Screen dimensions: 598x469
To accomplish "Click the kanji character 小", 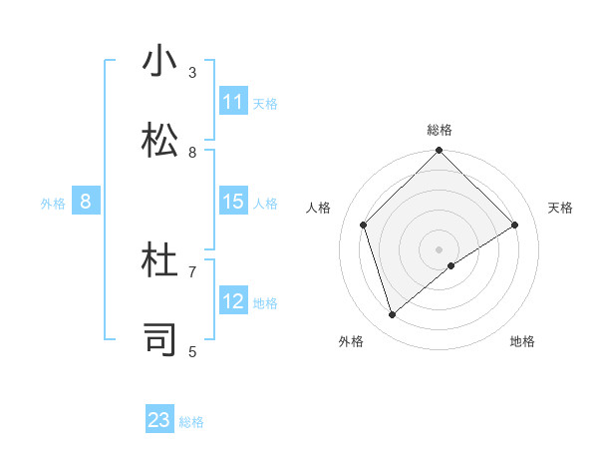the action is pos(161,62).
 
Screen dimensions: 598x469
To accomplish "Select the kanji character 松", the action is pos(161,142).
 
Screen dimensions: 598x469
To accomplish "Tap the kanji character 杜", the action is pos(161,261).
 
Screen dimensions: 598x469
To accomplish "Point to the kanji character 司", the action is pos(161,339).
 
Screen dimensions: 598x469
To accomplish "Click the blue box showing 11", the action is pos(233,102).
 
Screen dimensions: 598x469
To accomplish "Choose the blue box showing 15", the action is pos(233,202).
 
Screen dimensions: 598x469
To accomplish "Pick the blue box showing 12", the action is pos(233,301).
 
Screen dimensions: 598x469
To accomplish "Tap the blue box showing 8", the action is pos(86,202).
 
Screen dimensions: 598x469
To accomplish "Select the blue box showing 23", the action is pos(159,420).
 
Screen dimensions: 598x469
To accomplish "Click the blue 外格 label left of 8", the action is pos(53,203).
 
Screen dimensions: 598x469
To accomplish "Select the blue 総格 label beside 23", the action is pos(191,421).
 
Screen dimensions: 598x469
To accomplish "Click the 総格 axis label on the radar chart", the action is pos(440,130).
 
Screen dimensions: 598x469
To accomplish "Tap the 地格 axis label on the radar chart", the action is pos(522,341).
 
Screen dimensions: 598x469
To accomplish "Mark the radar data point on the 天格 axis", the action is pos(515,225).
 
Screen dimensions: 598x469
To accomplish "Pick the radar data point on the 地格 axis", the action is pos(451,265).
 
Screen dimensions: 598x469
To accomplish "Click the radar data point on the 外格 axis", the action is pos(393,315).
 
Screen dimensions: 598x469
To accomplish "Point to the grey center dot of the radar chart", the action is pos(440,248).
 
